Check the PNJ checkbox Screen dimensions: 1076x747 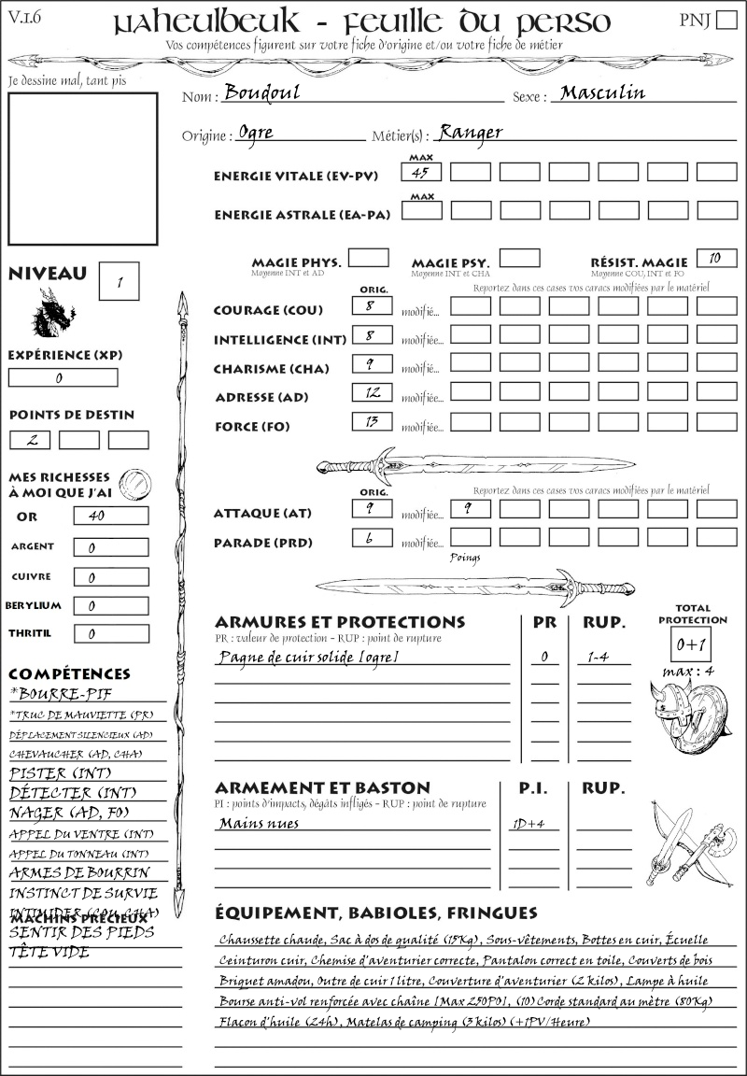725,21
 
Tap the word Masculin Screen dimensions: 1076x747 602,93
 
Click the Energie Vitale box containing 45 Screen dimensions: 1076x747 421,172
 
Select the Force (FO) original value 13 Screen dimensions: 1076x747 372,421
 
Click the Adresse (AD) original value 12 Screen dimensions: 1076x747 372,392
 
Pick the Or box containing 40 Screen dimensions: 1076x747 110,516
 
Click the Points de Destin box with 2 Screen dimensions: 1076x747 30,440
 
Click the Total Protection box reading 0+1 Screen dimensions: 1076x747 692,644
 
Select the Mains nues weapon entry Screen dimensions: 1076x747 259,823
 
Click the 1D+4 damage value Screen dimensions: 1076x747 530,824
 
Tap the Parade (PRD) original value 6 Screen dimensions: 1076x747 372,538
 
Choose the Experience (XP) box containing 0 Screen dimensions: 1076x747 63,378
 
